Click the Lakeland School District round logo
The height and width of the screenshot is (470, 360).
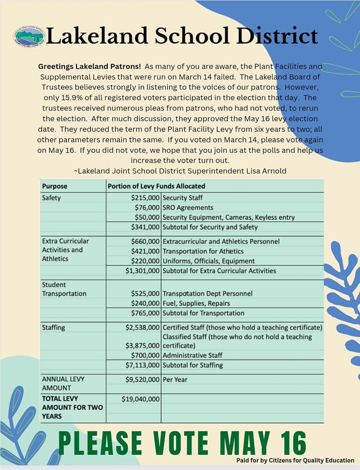click(29, 37)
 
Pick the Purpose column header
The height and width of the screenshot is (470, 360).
click(55, 186)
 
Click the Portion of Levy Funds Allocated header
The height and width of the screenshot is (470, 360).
click(156, 186)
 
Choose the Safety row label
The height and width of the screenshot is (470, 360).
click(51, 198)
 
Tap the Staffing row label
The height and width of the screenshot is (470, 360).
click(53, 327)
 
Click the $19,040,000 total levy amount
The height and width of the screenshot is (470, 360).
click(141, 399)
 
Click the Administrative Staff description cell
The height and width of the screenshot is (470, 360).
click(192, 355)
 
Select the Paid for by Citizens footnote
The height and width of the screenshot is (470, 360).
click(295, 460)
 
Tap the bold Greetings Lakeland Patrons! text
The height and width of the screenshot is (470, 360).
click(90, 66)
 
